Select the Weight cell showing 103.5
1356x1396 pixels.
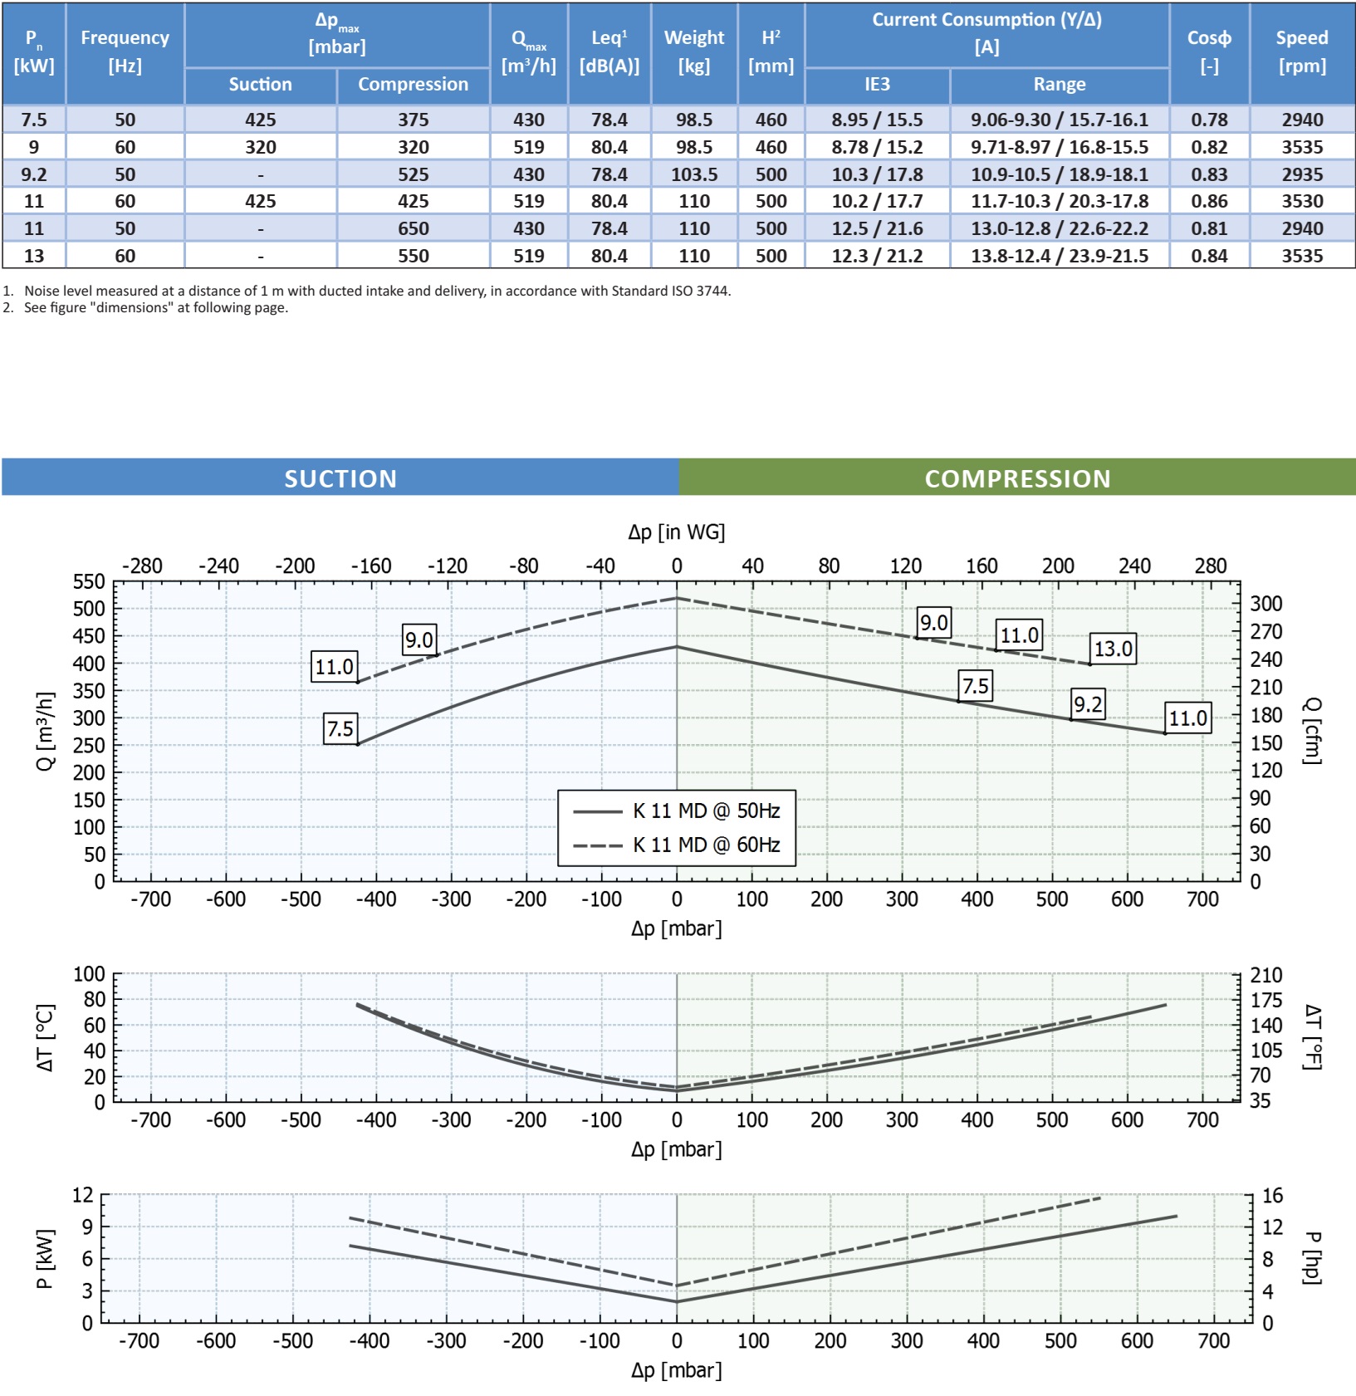(694, 174)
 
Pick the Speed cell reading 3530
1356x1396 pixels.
(1301, 201)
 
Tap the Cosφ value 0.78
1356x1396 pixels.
(1209, 120)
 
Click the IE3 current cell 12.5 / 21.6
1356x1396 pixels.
(877, 228)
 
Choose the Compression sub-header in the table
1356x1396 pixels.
(413, 85)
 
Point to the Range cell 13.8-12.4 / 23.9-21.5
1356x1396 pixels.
(1060, 256)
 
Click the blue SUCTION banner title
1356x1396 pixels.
(340, 478)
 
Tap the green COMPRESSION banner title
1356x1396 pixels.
(1017, 478)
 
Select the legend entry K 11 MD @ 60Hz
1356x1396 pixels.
(706, 845)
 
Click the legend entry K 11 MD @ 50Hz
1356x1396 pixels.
(706, 811)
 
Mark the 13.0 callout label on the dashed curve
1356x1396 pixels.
(1113, 649)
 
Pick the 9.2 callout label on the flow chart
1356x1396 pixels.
(1088, 704)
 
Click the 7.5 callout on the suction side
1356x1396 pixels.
(340, 729)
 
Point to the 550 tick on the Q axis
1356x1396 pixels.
(89, 581)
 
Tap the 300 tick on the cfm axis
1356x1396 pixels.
(1266, 604)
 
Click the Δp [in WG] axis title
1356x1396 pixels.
(676, 531)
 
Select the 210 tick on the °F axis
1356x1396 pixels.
(1266, 975)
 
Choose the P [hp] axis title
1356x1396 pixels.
(1311, 1257)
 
